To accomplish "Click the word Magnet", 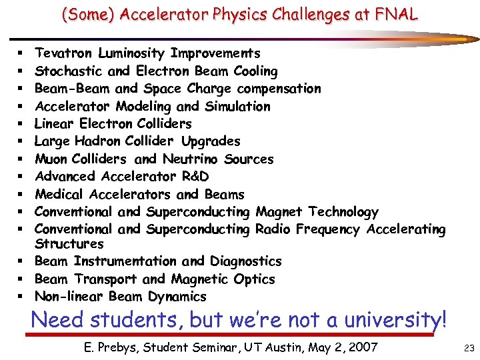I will pyautogui.click(x=277, y=212).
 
